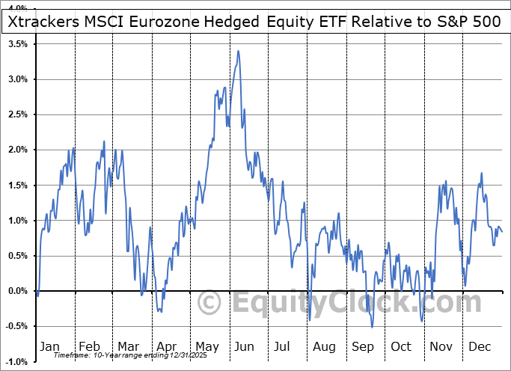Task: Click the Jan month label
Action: [49, 347]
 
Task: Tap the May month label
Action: [207, 347]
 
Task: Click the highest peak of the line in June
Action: [238, 51]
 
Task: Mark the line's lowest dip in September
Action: [372, 327]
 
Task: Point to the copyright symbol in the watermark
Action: [209, 302]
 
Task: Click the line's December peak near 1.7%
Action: [481, 174]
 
